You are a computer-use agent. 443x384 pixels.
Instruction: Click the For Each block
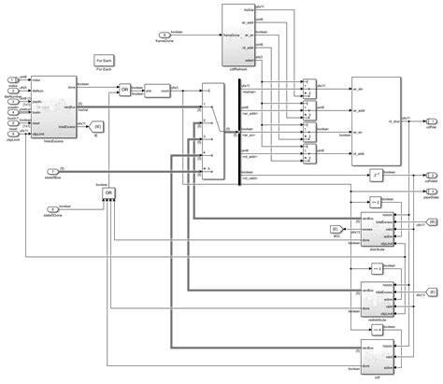(x=105, y=61)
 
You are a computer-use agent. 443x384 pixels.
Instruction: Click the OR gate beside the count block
(x=124, y=90)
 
